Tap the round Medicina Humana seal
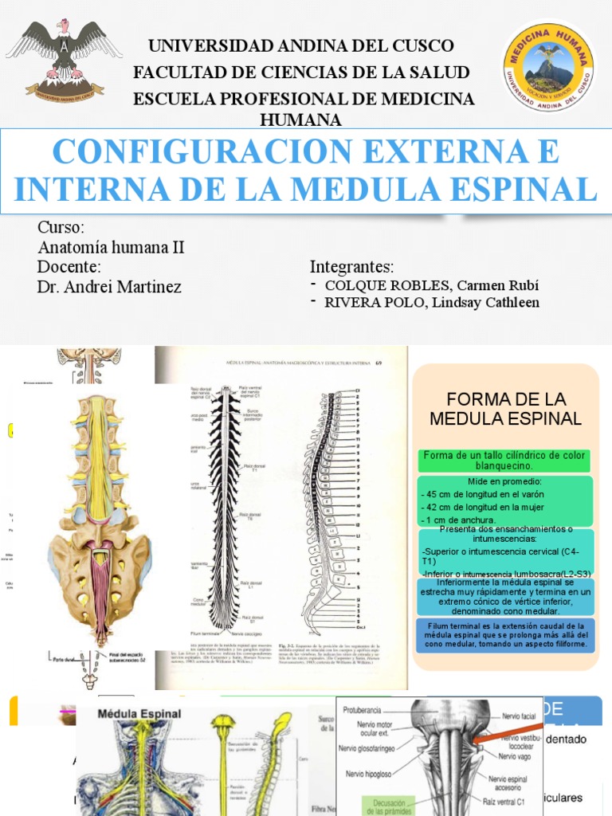point(549,65)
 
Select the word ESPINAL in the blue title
point(529,189)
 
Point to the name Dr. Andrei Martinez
point(109,287)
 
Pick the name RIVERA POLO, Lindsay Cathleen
point(431,303)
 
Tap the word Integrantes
point(351,266)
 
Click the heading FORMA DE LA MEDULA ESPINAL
point(505,408)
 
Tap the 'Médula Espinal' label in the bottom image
point(139,714)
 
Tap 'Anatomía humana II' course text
point(111,247)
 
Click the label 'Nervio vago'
point(520,755)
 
